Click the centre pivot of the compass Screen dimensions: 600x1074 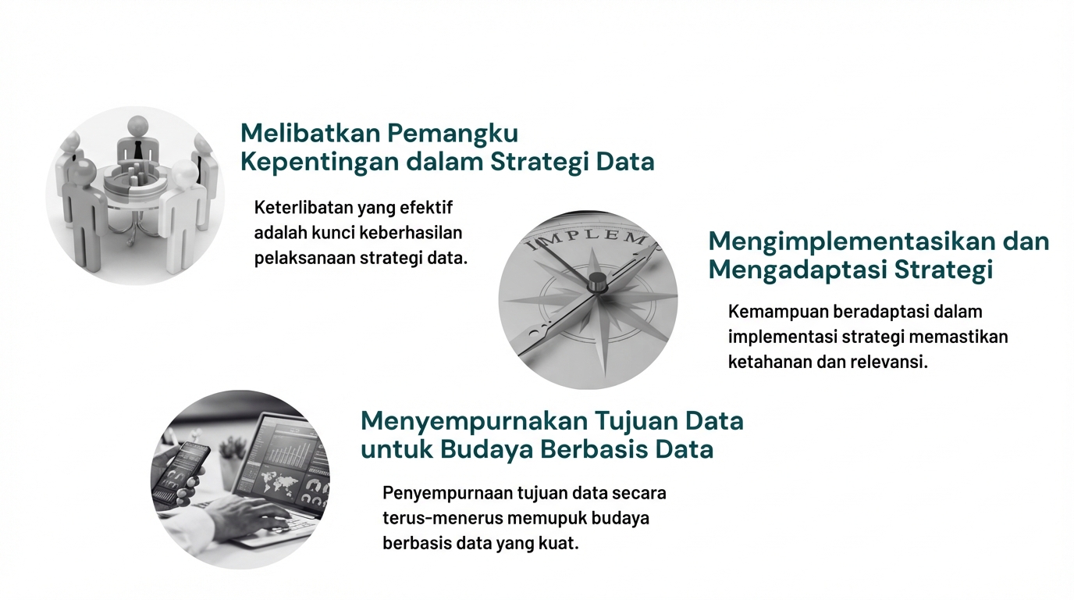[598, 281]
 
